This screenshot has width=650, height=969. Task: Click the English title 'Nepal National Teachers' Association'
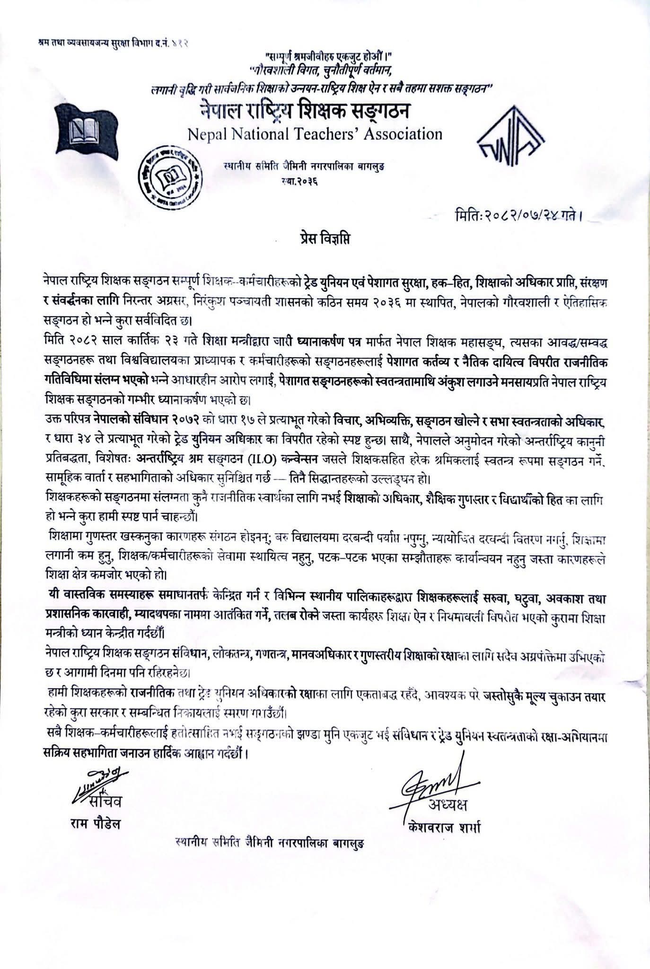click(315, 134)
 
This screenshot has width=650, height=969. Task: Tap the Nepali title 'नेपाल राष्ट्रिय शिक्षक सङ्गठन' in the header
click(305, 112)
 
